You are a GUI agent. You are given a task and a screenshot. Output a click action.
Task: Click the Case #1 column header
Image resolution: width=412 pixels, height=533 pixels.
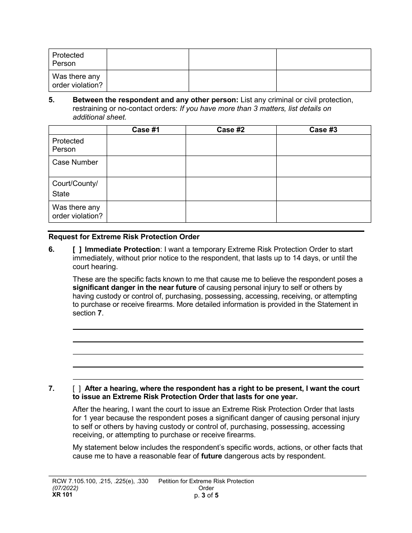[x=146, y=130]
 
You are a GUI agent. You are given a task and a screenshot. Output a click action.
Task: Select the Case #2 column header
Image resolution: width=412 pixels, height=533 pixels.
[x=231, y=130]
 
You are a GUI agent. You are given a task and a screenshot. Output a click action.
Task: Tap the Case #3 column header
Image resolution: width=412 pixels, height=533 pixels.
[x=323, y=130]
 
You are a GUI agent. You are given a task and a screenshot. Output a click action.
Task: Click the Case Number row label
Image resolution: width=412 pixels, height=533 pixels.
[x=75, y=162]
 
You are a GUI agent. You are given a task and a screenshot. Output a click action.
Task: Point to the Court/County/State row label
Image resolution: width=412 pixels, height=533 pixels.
[x=75, y=188]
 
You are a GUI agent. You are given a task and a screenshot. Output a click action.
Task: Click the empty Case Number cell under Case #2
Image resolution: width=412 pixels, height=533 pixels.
[x=231, y=166]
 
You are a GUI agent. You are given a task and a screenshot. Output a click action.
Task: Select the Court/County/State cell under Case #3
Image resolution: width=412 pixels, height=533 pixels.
[x=323, y=188]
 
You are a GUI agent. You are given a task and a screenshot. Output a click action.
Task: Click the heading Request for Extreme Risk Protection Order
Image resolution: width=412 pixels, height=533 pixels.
[x=124, y=237]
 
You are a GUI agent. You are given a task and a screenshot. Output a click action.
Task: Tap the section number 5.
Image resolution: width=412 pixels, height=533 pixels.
[x=52, y=100]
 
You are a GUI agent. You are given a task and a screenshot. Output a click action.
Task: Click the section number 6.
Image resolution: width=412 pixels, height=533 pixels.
[x=52, y=250]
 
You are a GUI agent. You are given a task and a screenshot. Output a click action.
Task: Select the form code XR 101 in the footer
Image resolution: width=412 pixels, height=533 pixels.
[x=60, y=494]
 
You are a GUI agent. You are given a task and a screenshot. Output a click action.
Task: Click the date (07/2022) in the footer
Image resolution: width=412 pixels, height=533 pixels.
[x=63, y=488]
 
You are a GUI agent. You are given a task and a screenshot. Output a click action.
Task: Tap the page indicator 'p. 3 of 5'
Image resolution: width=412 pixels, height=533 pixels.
[x=206, y=495]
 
